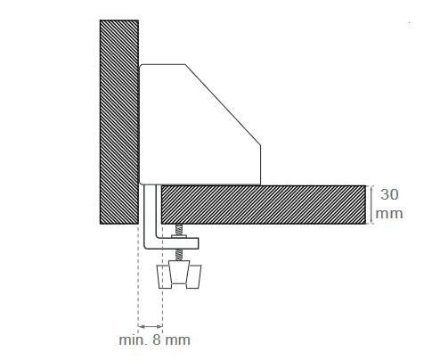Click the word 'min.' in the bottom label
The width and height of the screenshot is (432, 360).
pyautogui.click(x=132, y=340)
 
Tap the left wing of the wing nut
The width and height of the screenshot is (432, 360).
pyautogui.click(x=164, y=277)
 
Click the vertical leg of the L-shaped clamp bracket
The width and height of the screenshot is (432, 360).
pyautogui.click(x=151, y=214)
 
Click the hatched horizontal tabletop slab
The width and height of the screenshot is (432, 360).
pyautogui.click(x=267, y=204)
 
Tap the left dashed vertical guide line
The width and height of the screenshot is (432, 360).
pyautogui.click(x=138, y=285)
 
